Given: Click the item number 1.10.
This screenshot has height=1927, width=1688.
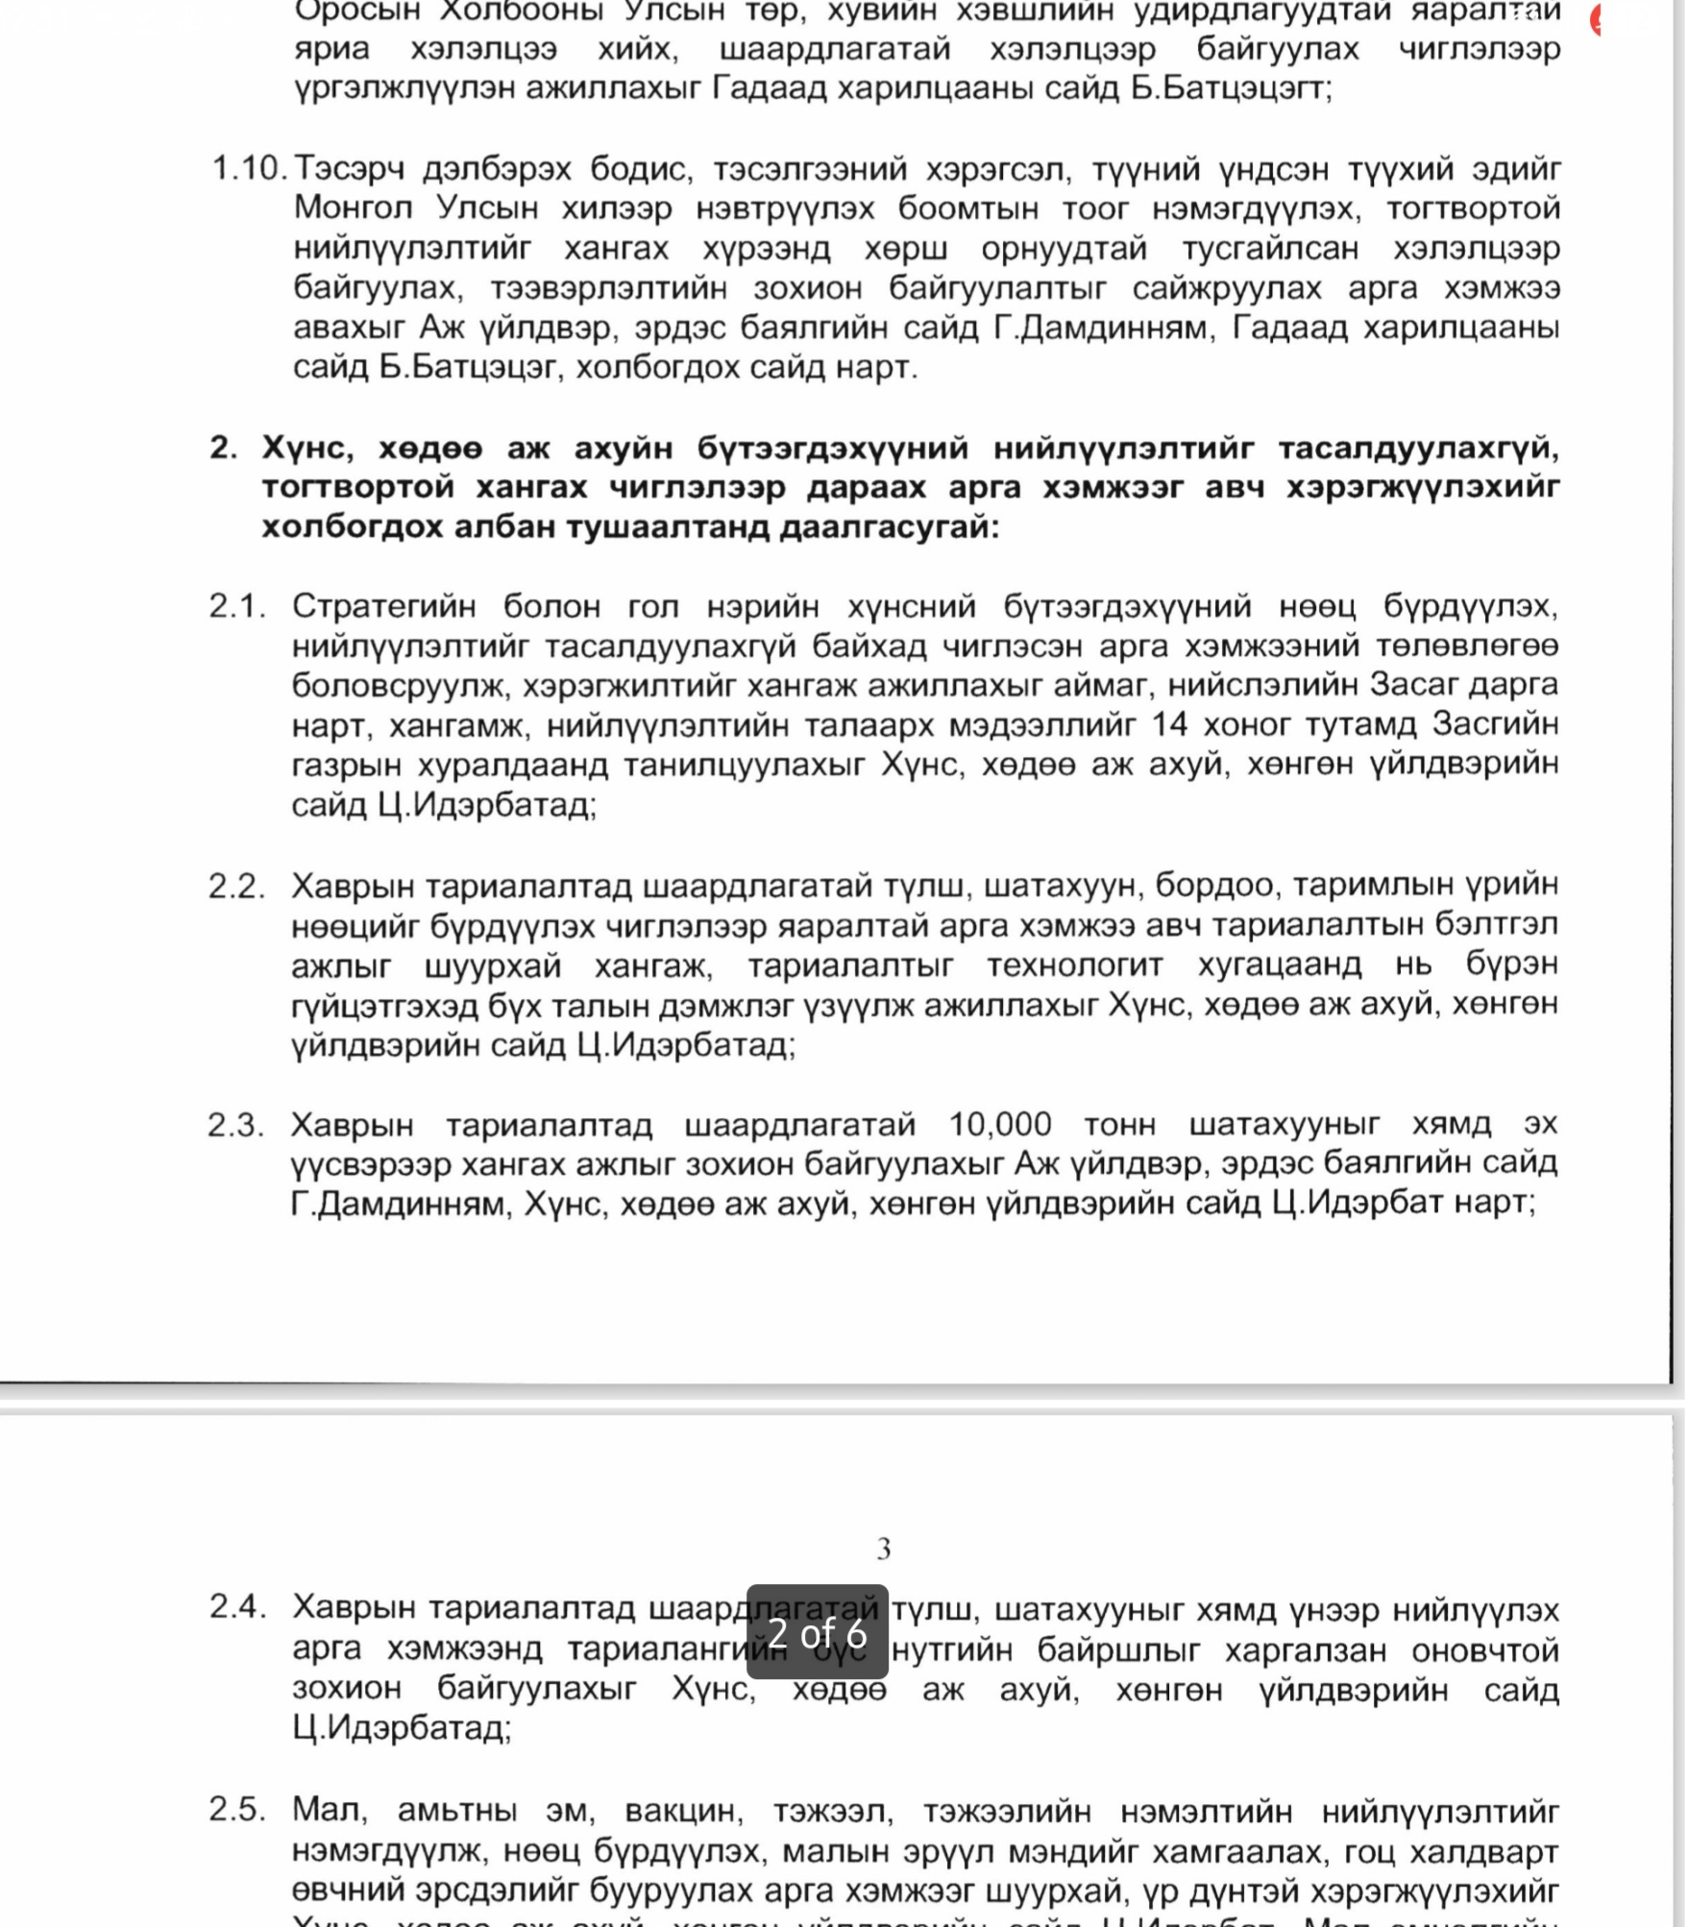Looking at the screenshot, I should click(248, 169).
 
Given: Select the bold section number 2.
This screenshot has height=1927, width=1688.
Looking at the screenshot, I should click(223, 448).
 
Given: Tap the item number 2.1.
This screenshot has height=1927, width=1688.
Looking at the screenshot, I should click(236, 606).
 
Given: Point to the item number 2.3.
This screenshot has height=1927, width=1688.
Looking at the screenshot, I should click(235, 1125).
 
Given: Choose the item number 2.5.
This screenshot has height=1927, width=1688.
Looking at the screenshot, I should click(236, 1810).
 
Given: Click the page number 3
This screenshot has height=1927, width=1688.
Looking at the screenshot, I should click(884, 1549).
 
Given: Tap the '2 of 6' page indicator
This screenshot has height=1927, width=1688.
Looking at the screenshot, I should click(818, 1633).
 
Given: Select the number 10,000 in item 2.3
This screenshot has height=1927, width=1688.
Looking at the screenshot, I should click(1000, 1124).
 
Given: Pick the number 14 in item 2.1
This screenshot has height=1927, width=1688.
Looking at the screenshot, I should click(1169, 723).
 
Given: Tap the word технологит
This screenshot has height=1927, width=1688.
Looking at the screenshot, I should click(956, 964).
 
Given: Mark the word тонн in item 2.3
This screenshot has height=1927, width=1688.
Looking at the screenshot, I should click(1119, 1124).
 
